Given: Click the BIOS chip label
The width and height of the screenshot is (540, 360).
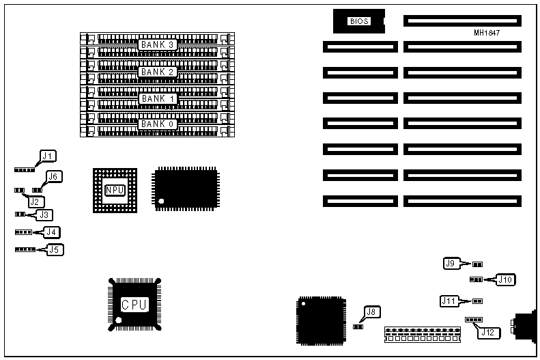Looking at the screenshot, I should point(359,21).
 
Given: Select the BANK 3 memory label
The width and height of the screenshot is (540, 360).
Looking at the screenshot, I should point(158,45).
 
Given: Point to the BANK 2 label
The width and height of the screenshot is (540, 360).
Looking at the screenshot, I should point(158,72).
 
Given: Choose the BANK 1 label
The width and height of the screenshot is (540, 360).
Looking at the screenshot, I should point(158,98).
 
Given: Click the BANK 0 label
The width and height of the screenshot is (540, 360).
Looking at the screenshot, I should point(158,124).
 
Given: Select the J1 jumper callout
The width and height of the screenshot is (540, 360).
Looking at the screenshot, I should point(48,156).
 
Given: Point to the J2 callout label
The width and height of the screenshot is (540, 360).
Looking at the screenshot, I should point(33,201).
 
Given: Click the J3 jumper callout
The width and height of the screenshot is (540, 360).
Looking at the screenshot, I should point(44,214).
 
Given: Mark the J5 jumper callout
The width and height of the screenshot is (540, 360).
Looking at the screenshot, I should point(55,249).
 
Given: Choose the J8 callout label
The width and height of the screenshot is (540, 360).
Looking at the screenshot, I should point(371,312).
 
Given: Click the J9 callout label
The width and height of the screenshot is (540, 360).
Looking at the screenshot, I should point(450,263).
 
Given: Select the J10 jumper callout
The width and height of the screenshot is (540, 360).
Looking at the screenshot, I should point(506,279).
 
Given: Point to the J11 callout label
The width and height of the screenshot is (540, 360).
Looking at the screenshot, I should point(449,300).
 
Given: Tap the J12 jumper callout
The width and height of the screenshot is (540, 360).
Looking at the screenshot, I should point(487,333).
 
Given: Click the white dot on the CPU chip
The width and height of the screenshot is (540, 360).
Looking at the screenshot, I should point(118,320).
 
